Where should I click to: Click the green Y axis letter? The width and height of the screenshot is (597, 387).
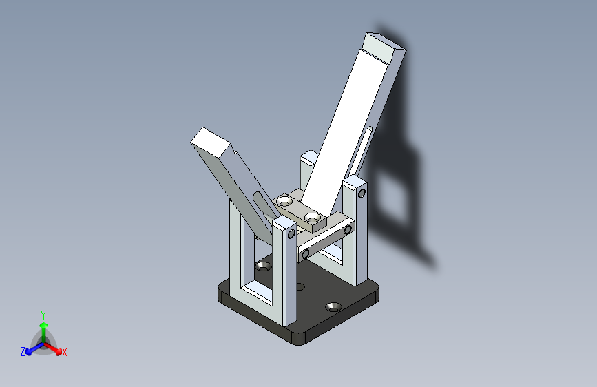click(43, 314)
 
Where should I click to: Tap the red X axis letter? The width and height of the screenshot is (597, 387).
click(65, 353)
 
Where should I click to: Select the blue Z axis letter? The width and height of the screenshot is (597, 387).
click(23, 352)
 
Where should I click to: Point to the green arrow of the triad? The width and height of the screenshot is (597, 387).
click(43, 326)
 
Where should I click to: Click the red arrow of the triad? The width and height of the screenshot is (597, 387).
click(55, 347)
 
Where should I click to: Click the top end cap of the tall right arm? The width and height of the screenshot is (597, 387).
click(385, 48)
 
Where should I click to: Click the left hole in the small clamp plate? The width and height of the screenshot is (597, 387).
click(284, 202)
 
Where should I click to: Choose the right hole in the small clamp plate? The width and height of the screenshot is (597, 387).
click(315, 218)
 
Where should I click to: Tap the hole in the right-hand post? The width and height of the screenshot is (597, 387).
click(362, 192)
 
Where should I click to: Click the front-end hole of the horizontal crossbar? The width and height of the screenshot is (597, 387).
click(305, 255)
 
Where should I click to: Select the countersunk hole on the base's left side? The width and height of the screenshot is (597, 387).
click(263, 266)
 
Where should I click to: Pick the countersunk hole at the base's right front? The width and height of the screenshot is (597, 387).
click(335, 306)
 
